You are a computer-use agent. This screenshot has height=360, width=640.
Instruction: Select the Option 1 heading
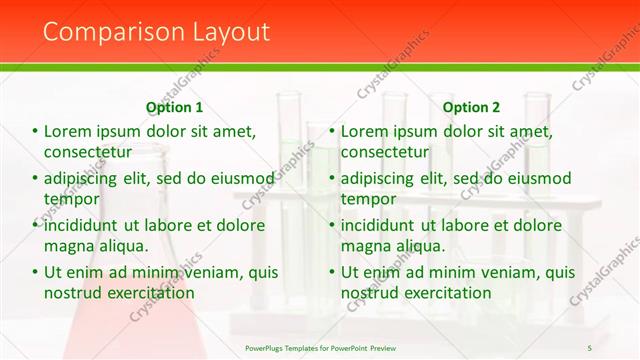click(174, 107)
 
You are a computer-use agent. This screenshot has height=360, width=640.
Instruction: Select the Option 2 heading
click(471, 107)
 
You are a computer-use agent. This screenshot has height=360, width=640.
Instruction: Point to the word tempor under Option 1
click(69, 199)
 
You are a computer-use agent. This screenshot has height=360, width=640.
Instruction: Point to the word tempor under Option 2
click(366, 199)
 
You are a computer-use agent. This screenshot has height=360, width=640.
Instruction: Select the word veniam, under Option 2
click(510, 272)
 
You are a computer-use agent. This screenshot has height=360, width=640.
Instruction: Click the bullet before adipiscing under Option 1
click(36, 179)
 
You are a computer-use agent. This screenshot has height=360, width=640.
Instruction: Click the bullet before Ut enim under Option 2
click(333, 273)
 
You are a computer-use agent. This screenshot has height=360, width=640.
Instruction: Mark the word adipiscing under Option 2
click(378, 178)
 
